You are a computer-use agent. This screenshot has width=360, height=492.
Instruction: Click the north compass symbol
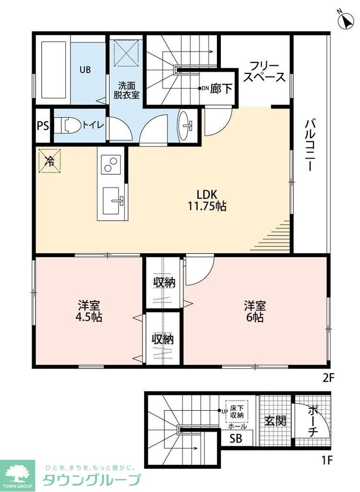[346, 20]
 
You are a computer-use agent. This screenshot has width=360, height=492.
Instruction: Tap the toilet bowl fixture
[67, 125]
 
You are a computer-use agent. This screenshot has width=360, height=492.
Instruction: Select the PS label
[43, 126]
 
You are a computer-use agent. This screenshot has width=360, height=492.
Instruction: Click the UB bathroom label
[85, 70]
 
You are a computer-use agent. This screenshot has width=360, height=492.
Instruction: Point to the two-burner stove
[111, 164]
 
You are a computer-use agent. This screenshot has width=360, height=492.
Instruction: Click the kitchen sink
[112, 201]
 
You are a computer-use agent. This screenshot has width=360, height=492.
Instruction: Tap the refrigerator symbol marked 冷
[49, 161]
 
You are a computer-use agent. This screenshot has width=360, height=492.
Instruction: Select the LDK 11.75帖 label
[207, 200]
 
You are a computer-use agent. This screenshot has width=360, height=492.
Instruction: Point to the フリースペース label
[264, 72]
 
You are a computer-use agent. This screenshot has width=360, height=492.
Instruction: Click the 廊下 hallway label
[221, 89]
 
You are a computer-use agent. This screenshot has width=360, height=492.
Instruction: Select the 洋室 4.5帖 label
[89, 311]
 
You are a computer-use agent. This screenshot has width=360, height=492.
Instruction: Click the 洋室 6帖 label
[255, 311]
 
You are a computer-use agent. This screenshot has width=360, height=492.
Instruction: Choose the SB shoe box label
[236, 438]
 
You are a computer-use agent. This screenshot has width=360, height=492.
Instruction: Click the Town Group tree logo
[17, 473]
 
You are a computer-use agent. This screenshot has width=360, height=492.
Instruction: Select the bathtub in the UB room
[54, 70]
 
